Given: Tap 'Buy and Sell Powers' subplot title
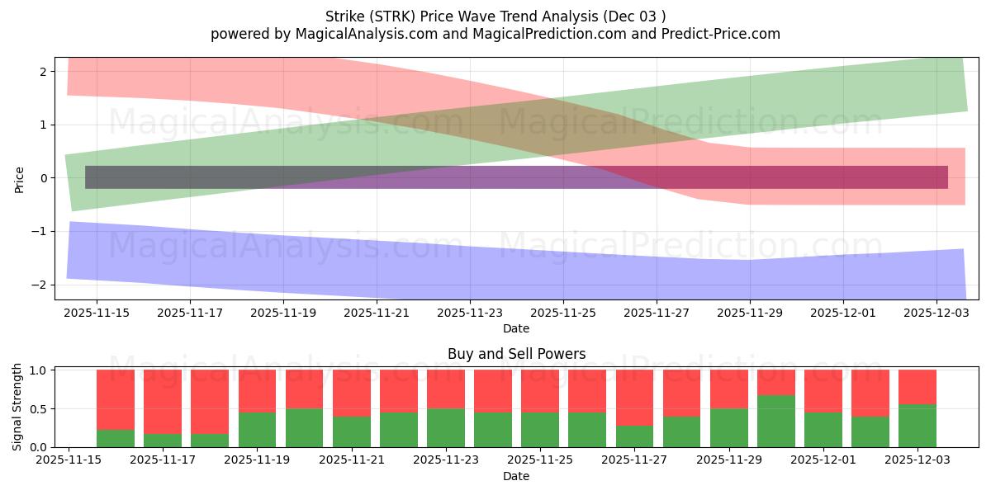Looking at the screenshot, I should [x=516, y=354].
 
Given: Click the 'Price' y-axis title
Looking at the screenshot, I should [x=19, y=178].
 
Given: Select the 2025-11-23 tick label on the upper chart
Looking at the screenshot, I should [x=469, y=313].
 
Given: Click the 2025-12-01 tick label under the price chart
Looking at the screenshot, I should [x=842, y=313].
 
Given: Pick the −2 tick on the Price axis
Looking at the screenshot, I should [x=43, y=285].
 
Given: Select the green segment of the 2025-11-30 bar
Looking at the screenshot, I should [x=776, y=422].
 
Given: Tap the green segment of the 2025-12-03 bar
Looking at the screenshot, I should [x=918, y=426].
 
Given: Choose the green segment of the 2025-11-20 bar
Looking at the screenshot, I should [x=304, y=428].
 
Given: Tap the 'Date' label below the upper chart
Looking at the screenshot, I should [x=516, y=328].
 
